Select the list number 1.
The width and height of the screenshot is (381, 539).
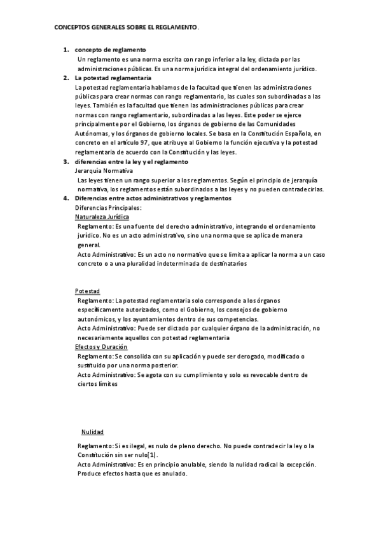66,50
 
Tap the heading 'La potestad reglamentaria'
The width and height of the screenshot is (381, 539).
113,78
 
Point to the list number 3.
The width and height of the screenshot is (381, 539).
66,162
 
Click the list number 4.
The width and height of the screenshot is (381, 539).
66,198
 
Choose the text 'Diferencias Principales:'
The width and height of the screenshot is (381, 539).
108,208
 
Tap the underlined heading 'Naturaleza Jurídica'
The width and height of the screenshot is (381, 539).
102,217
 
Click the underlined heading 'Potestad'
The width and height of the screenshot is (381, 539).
87,291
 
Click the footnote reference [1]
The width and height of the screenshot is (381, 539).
153,455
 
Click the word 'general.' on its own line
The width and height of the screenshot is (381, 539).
88,245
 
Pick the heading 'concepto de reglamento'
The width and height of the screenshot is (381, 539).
110,50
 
